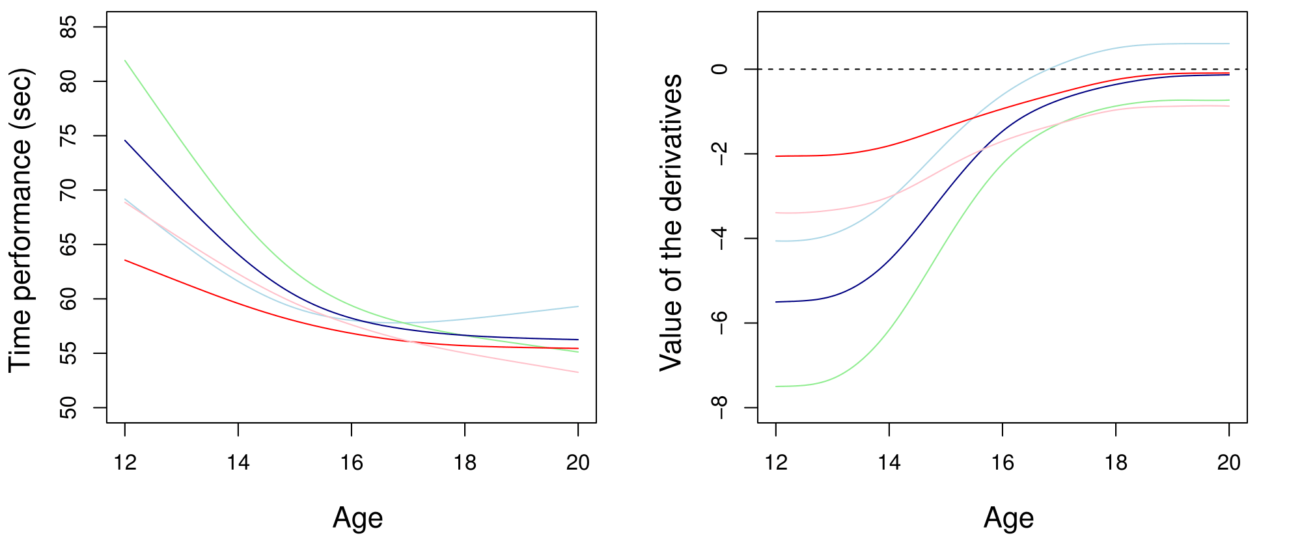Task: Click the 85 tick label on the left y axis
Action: coord(68,27)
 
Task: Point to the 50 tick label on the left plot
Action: coord(68,408)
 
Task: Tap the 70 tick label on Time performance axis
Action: coord(68,190)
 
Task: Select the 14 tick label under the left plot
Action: coord(238,463)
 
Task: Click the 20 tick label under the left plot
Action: coord(578,463)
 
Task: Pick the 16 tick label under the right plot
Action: coord(1003,463)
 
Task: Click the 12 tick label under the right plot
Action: coord(776,463)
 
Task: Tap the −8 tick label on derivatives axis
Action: coord(719,407)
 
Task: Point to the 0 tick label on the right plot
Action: coord(719,69)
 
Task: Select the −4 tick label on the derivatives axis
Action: coord(719,238)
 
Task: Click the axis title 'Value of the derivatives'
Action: coord(671,223)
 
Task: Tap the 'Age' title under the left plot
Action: coord(357,519)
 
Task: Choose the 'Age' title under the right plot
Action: coord(1008,519)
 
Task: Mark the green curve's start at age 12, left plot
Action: coord(125,61)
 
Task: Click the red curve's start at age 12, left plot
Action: coord(125,260)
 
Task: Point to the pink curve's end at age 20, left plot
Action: coord(578,372)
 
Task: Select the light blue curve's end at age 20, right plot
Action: coord(1229,44)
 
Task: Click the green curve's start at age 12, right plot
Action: coord(776,386)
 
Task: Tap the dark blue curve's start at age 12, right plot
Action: coord(776,302)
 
